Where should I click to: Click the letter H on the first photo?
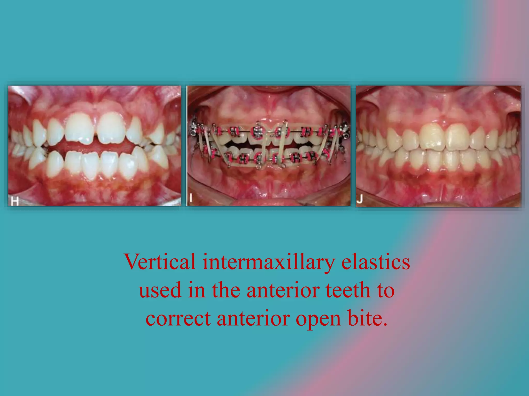pyautogui.click(x=15, y=201)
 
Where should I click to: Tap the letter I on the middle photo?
pyautogui.click(x=191, y=198)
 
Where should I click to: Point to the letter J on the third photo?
pyautogui.click(x=360, y=199)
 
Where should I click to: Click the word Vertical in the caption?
pyautogui.click(x=160, y=262)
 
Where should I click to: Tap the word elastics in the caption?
pyautogui.click(x=376, y=262)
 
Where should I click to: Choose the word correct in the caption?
pyautogui.click(x=178, y=318)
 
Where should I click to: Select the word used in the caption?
pyautogui.click(x=160, y=290)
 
